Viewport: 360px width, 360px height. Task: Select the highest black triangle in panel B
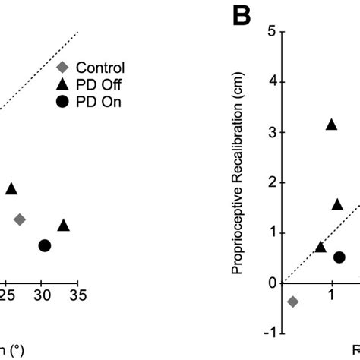click(x=331, y=125)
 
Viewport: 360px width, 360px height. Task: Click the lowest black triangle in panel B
click(x=321, y=247)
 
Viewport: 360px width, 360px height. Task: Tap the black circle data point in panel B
click(x=339, y=257)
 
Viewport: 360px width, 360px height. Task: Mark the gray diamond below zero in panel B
click(x=293, y=302)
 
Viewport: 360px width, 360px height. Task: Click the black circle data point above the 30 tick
click(x=45, y=245)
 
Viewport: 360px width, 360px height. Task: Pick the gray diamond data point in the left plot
click(x=20, y=219)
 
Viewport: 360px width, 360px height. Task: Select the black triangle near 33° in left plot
click(x=64, y=225)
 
